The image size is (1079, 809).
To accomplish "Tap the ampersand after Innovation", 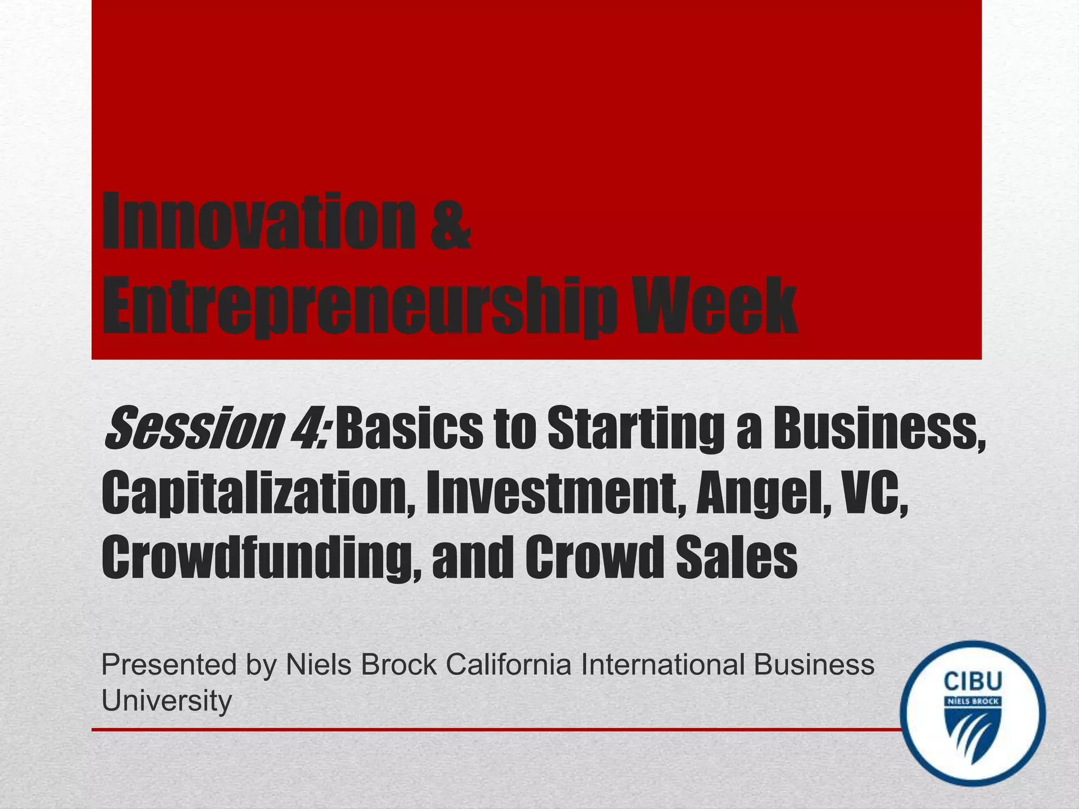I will click(x=450, y=228).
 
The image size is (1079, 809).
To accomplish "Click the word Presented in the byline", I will click(x=169, y=665).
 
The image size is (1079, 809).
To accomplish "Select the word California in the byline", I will click(x=508, y=665).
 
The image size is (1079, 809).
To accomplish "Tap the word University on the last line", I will click(x=166, y=701).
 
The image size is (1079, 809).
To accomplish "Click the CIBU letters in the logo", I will click(x=973, y=682).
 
